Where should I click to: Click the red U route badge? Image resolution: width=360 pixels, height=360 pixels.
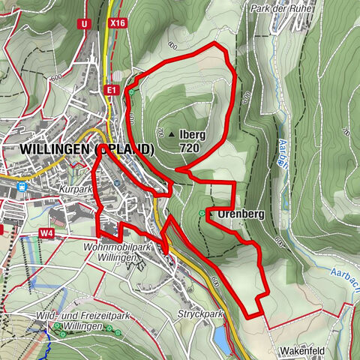(84, 24)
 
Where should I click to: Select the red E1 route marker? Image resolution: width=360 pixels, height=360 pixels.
(112, 90)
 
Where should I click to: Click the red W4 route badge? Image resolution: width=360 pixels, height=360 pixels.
(46, 233)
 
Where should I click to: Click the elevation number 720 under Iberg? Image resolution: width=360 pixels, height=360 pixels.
(190, 148)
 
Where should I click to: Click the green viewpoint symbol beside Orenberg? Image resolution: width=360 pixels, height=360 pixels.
(202, 214)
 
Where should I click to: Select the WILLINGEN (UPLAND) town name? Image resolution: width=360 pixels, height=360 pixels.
(88, 149)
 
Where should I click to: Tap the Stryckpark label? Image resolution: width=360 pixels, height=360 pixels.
(201, 313)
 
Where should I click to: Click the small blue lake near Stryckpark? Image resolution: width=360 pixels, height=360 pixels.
(222, 340)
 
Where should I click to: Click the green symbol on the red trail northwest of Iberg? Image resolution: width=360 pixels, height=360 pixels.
(130, 92)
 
